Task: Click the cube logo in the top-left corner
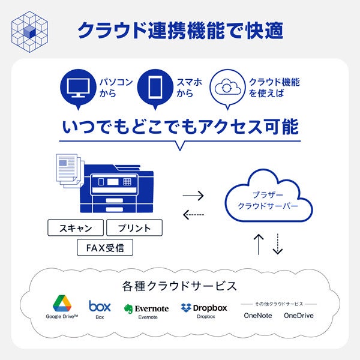coord(30,29)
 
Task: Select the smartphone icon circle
coord(154,88)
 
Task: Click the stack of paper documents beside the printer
coord(68,173)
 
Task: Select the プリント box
coord(134,228)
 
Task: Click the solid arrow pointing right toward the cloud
coord(193,196)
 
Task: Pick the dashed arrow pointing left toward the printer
coord(193,214)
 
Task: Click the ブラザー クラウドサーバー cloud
coord(268,200)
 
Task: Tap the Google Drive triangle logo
coord(62,303)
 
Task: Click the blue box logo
coord(100,306)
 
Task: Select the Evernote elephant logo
coord(128,309)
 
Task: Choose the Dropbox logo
coord(186,308)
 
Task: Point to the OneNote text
coord(257,316)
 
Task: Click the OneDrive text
coord(299,316)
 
